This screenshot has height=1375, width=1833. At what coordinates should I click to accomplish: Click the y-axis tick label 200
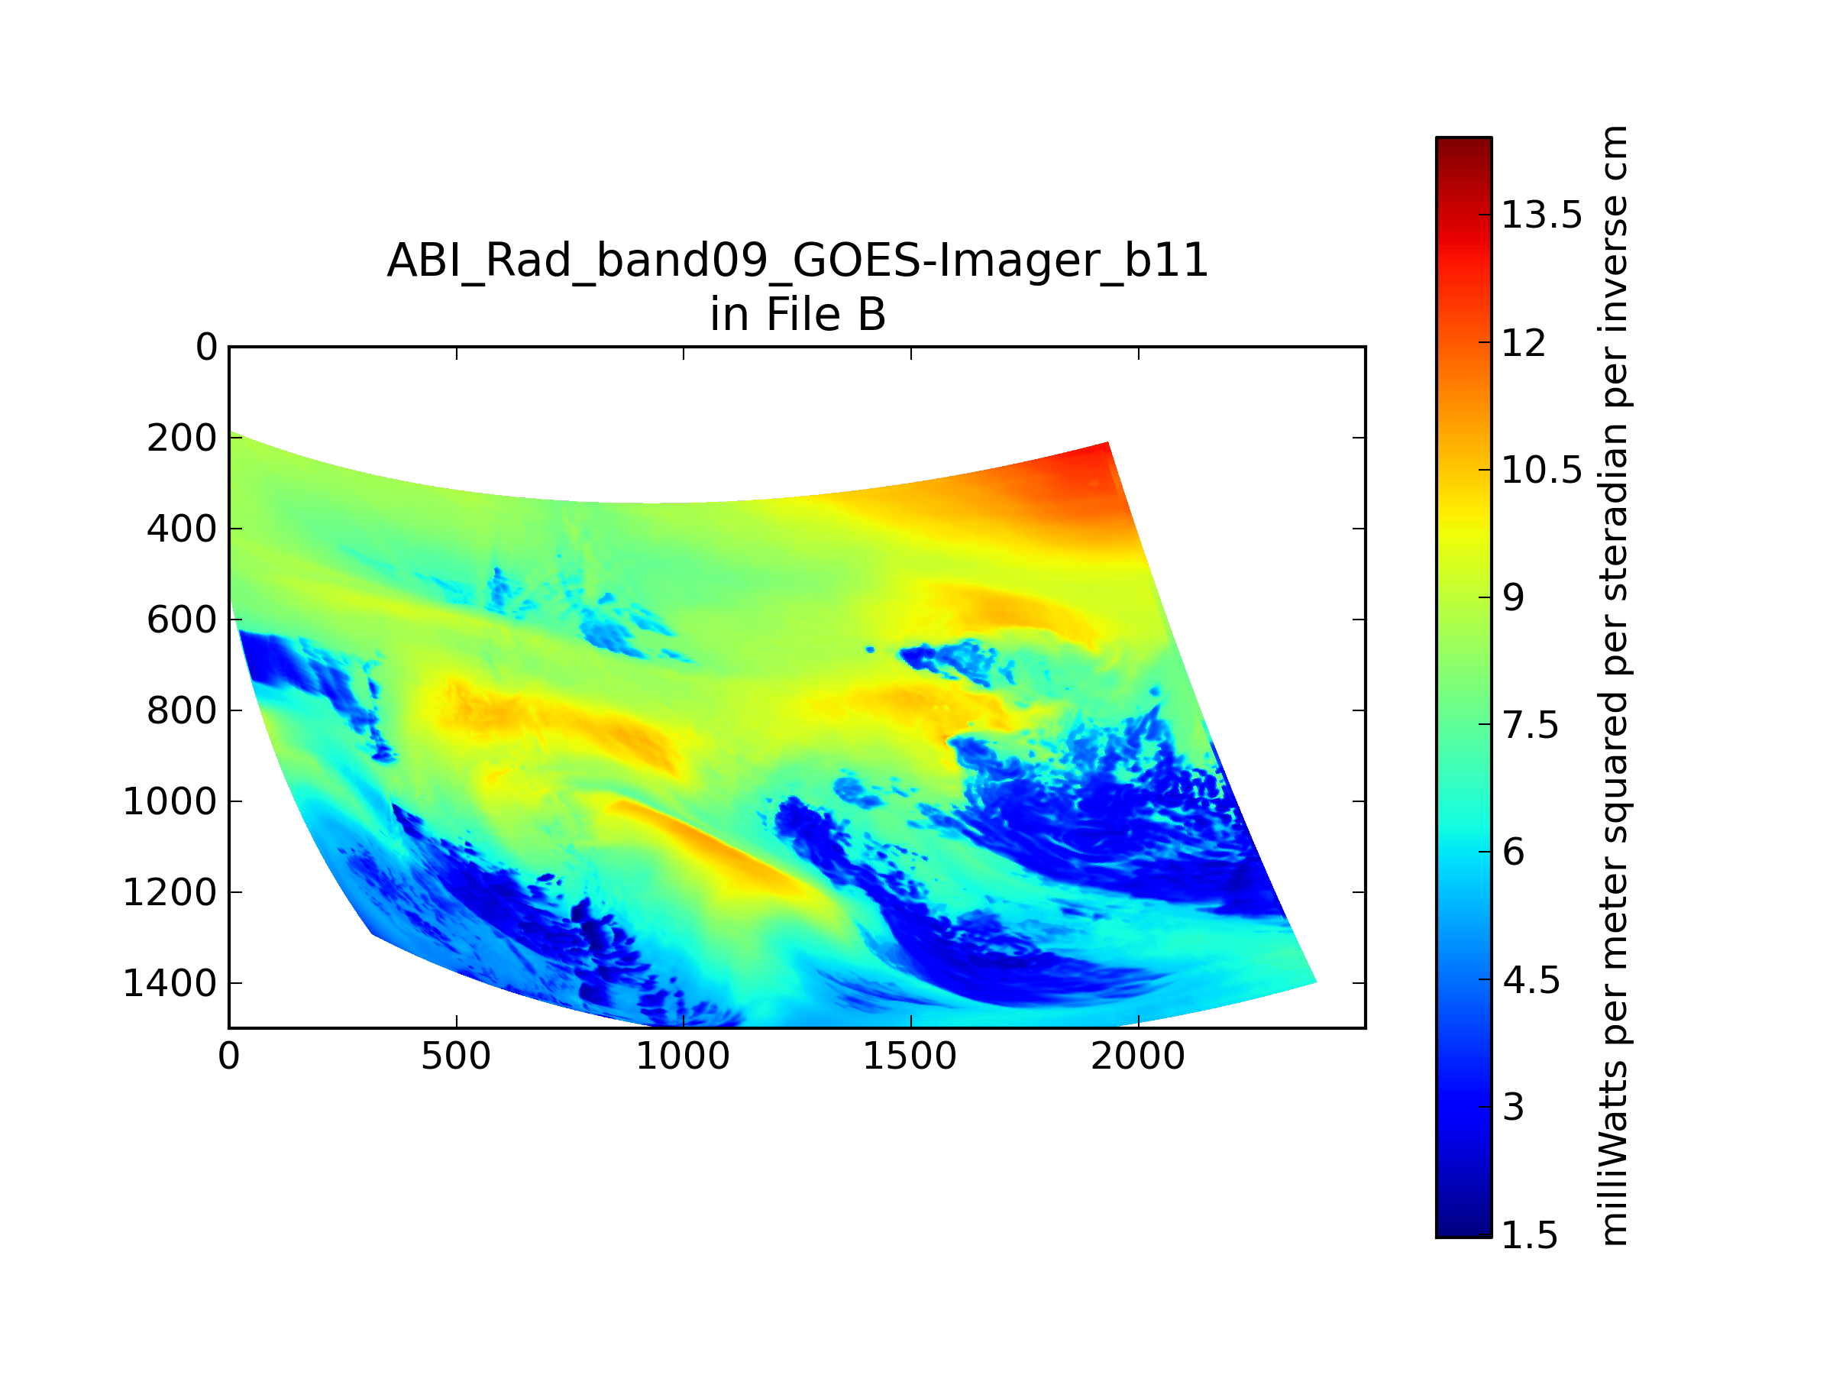pos(182,438)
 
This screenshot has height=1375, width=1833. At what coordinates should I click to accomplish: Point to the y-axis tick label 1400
pos(170,984)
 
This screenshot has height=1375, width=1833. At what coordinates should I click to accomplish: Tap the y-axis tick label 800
pos(182,711)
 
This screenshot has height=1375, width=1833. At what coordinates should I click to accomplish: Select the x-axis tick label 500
pos(456,1056)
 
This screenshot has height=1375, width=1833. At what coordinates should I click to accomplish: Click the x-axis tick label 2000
pos(1138,1056)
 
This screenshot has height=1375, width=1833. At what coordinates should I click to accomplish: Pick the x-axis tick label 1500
pos(910,1056)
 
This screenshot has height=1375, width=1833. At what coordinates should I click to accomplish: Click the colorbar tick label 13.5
pos(1541,215)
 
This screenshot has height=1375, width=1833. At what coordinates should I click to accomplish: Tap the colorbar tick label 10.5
pos(1541,471)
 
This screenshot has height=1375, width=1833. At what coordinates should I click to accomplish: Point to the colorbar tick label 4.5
pos(1531,981)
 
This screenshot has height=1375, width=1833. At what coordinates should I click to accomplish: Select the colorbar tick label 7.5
pos(1531,726)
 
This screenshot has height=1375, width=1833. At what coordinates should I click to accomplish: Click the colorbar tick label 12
pos(1523,343)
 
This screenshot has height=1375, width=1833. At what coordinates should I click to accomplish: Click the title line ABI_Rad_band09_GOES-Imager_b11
pos(797,261)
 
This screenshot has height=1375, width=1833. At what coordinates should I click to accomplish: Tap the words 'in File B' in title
pos(797,315)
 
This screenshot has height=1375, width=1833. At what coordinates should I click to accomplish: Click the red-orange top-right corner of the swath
pos(1107,443)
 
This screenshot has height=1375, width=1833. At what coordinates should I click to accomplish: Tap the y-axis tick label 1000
pos(170,802)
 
